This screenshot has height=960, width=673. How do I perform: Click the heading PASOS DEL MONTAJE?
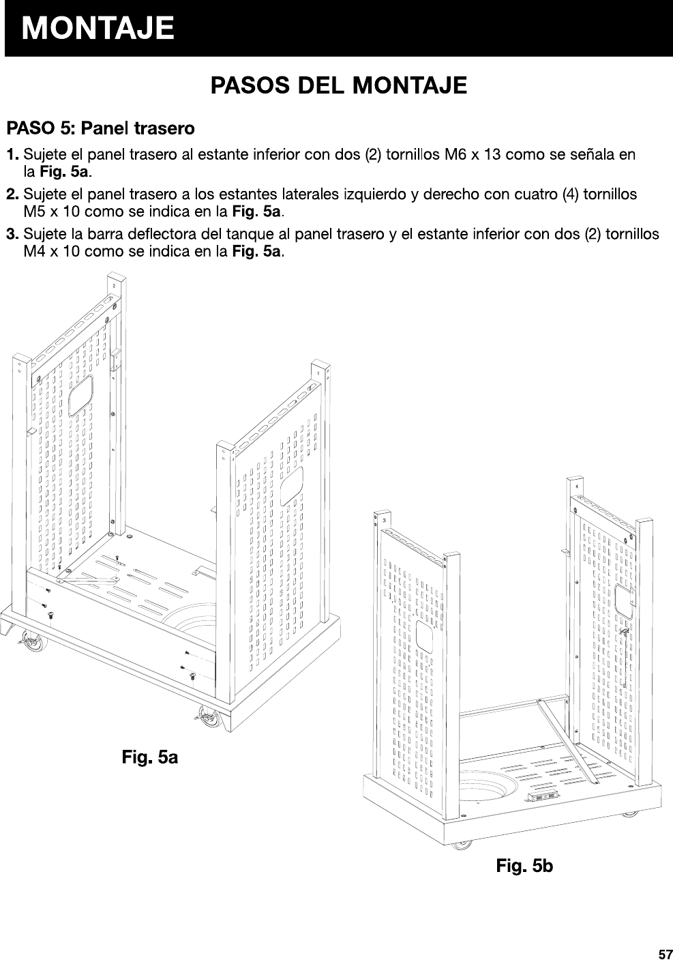click(338, 86)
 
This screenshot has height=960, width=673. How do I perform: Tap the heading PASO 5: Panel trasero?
click(100, 128)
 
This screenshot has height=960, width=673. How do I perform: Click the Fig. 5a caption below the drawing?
click(150, 757)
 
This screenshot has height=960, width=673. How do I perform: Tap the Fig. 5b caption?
click(524, 867)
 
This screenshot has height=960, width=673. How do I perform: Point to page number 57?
click(665, 953)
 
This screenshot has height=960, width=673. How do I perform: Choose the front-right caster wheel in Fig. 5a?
click(204, 716)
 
